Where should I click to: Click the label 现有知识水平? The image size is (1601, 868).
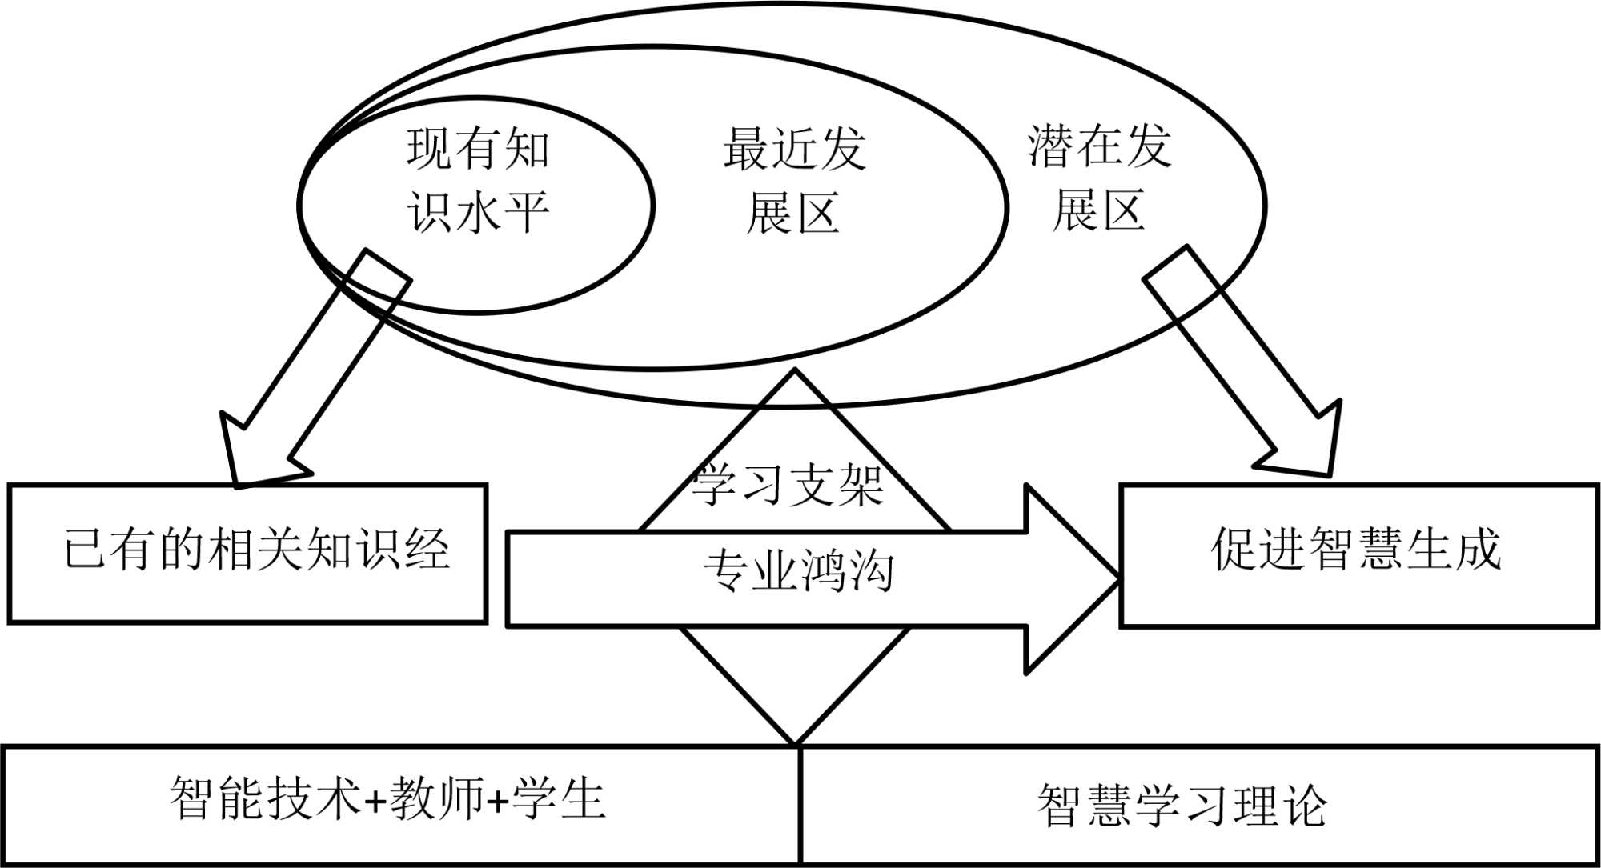click(x=478, y=182)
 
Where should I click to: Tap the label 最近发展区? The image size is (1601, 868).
click(x=793, y=182)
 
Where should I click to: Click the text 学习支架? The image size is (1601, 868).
click(x=788, y=485)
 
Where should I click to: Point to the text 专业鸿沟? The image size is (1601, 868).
click(x=798, y=571)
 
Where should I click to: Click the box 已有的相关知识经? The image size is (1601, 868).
click(x=247, y=553)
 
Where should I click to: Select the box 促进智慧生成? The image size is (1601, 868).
click(x=1358, y=554)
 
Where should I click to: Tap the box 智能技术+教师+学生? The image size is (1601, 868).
click(x=400, y=804)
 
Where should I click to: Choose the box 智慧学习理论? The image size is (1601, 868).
click(x=1198, y=805)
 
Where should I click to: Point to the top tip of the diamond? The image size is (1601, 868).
click(x=795, y=371)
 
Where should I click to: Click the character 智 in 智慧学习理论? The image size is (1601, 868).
click(x=1059, y=805)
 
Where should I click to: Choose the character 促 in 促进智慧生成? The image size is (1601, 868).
click(x=1233, y=550)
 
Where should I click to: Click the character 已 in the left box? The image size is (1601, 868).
click(x=86, y=550)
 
